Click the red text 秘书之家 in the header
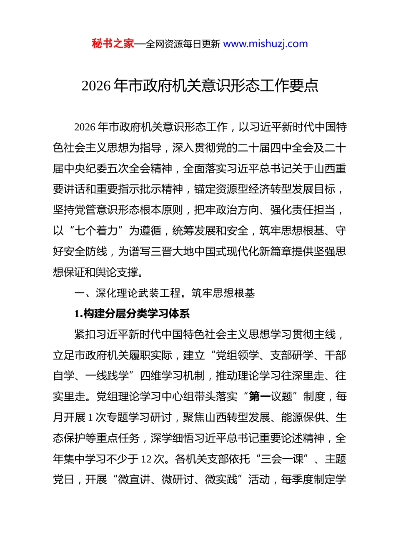113,44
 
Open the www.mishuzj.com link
266,44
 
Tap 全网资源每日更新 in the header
183,44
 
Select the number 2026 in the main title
96,86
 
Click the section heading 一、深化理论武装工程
127,293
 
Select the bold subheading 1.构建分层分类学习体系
132,314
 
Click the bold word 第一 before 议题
260,397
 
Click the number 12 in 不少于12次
146,459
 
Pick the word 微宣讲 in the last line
134,480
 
